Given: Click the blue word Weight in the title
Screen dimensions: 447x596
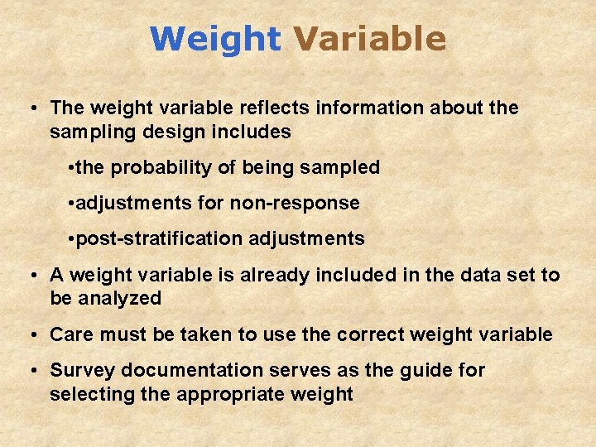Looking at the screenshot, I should tap(215, 39).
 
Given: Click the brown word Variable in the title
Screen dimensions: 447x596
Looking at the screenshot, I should tap(369, 39).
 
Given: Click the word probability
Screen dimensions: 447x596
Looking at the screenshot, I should tap(161, 168).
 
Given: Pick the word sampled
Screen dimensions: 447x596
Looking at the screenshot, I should tap(343, 167).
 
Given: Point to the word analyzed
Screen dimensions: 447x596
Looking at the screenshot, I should tap(120, 299).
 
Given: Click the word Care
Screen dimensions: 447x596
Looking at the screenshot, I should tap(69, 334).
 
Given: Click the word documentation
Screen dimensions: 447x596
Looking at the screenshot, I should tap(180, 370).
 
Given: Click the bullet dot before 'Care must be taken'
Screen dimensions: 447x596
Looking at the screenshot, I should tap(31, 335).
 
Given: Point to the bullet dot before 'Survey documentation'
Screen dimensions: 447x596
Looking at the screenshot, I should tap(31, 371).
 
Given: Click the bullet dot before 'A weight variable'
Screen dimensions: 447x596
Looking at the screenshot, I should tap(31, 276).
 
